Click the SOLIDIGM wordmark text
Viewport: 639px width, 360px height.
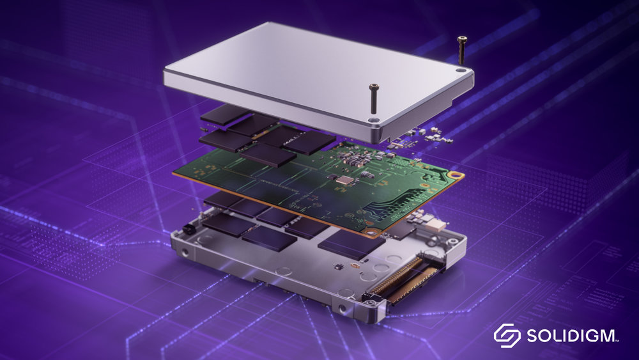(x=571, y=335)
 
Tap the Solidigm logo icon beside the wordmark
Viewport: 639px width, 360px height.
(x=507, y=335)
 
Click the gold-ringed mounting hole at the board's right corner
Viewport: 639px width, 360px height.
(x=454, y=173)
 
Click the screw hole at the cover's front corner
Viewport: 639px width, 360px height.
(x=374, y=120)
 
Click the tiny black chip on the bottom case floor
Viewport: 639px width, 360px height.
(x=350, y=264)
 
